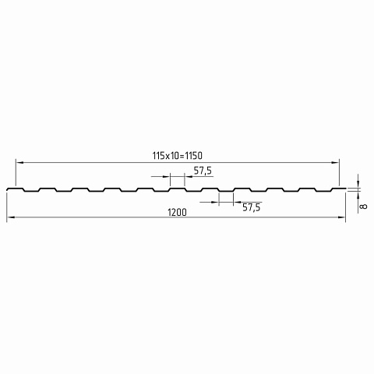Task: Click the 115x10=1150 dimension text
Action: click(177, 156)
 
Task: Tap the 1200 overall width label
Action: click(177, 213)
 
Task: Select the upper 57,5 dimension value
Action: click(203, 171)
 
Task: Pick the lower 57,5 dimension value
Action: click(251, 207)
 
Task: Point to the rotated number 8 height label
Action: click(364, 206)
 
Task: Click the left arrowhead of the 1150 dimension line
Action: click(19, 162)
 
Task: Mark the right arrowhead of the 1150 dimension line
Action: click(335, 162)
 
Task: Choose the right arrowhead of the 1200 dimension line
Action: click(341, 217)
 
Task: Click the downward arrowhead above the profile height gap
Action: click(358, 183)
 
